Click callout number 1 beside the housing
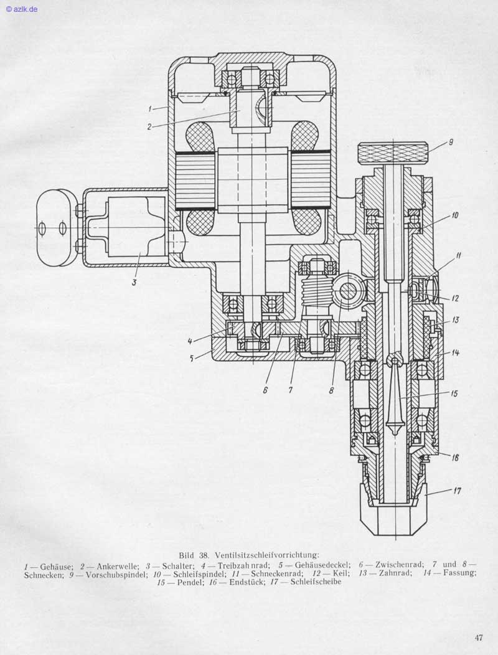(150, 108)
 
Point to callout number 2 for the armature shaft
(150, 127)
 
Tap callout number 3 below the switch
(134, 282)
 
